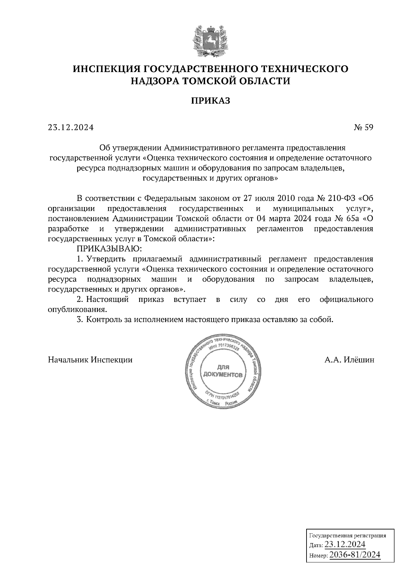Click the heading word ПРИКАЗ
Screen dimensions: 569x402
(211, 101)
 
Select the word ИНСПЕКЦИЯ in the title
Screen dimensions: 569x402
(106, 69)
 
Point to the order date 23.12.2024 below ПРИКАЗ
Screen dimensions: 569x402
(71, 127)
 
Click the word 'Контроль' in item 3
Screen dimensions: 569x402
(101, 319)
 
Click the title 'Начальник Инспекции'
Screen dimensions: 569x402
(90, 360)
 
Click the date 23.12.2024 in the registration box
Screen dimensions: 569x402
(345, 544)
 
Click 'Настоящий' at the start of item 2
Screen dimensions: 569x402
(108, 299)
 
